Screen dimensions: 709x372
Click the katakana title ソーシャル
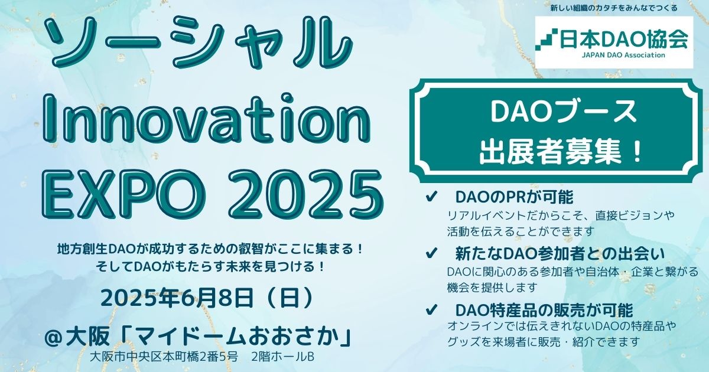[200, 42]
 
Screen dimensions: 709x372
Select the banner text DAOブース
[564, 112]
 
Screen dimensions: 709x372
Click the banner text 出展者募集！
[561, 152]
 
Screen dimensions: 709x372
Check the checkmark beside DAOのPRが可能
[431, 197]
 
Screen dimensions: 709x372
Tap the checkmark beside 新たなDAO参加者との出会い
[431, 253]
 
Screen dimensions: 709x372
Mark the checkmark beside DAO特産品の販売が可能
[431, 310]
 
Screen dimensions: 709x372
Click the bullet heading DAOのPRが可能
[515, 197]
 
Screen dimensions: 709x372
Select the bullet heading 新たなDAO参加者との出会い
[560, 253]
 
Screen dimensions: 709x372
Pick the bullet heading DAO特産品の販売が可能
[544, 310]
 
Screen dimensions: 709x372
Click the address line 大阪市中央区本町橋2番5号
[164, 357]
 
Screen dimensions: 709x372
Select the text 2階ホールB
[282, 357]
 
